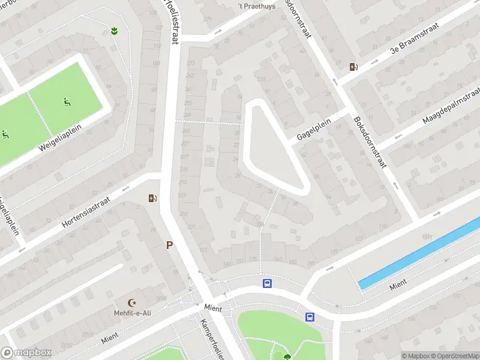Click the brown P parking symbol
pos(170,245)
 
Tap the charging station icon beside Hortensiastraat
pos(152,197)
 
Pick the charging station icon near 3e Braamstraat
pos(355,67)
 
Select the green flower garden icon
pos(114,30)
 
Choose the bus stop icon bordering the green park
pos(310,317)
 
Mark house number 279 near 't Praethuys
pos(208,19)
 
